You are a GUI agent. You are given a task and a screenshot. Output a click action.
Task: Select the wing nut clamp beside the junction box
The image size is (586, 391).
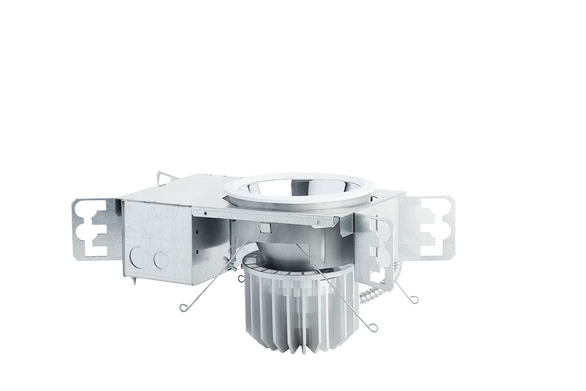(231, 266)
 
